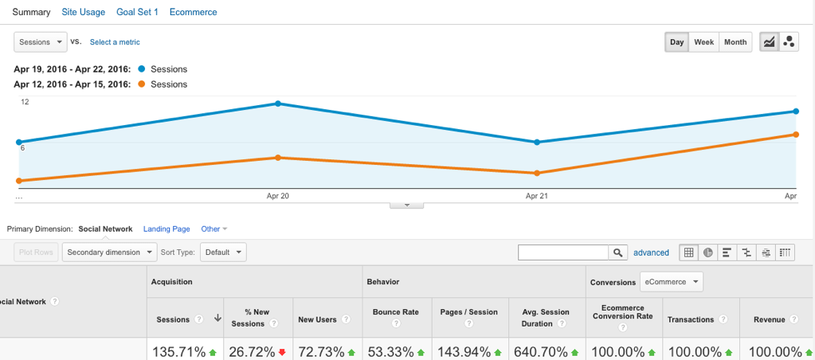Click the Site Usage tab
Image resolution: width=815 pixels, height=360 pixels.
84,13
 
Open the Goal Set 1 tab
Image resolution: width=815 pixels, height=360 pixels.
137,13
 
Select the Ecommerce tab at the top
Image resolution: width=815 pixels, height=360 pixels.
193,13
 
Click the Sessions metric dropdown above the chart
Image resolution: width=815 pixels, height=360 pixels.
40,41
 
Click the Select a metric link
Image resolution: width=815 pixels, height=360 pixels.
115,42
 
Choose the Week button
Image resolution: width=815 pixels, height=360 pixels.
703,42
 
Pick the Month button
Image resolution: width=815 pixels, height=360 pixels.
735,42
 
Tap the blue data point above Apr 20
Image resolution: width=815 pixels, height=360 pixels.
278,104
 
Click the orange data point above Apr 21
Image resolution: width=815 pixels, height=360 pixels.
537,173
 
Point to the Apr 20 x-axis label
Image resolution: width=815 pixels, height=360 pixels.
277,196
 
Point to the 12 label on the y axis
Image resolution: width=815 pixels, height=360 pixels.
25,102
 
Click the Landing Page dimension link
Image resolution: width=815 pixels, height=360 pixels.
167,229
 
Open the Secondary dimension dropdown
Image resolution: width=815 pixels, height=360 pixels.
110,252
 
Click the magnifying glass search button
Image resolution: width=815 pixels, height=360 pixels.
618,252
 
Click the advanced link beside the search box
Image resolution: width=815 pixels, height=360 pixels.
651,252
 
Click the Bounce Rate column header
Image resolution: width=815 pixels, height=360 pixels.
395,312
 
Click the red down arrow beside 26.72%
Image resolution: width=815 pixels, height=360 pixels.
282,352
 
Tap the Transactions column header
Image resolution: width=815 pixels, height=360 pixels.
690,319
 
